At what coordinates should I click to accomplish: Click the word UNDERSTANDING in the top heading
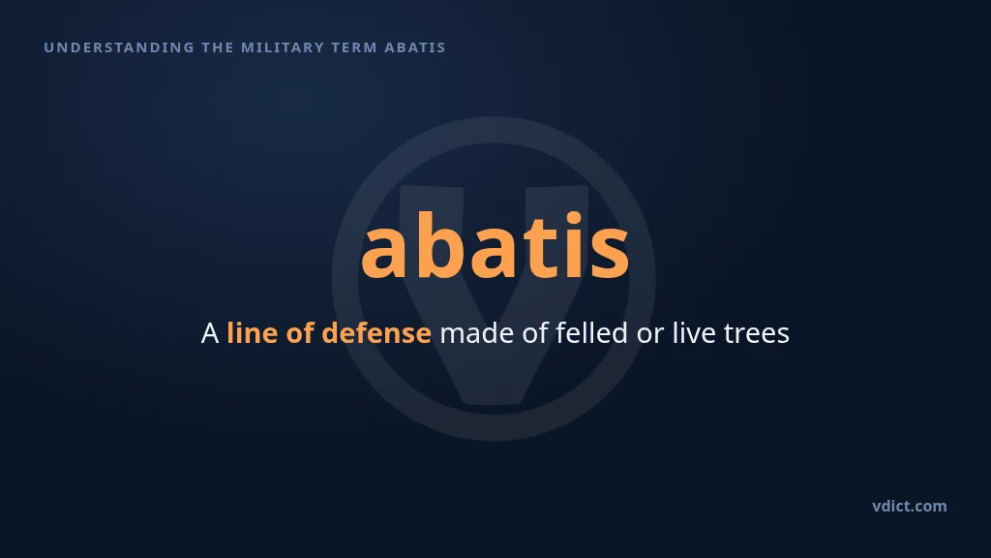119,47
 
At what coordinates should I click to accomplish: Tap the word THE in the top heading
218,47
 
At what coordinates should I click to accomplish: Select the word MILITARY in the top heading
283,47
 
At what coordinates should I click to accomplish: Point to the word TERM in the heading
354,47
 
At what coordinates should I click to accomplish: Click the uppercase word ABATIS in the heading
415,47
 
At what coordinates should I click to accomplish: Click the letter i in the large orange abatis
574,243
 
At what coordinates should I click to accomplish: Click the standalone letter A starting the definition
210,333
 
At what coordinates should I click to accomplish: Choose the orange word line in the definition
253,333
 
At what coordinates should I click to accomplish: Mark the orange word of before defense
300,333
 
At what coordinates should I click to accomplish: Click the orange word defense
376,333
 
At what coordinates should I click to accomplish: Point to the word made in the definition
476,333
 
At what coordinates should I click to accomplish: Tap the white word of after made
535,333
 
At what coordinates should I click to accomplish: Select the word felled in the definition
592,333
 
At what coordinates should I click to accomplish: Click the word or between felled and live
650,336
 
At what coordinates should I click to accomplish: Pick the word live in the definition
694,333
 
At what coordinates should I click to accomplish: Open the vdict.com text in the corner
910,506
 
